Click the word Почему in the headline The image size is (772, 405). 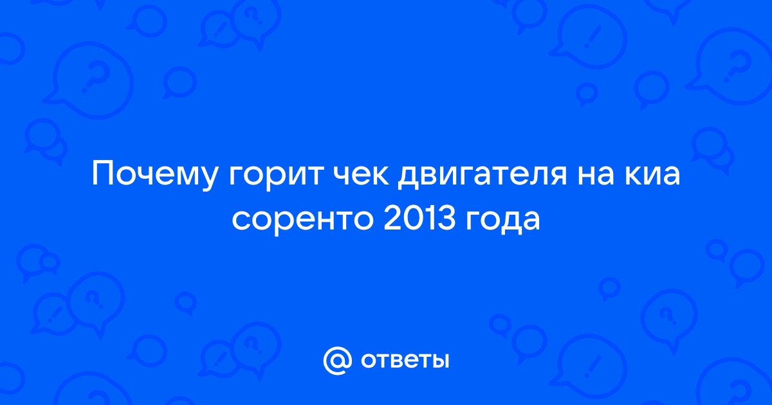154,175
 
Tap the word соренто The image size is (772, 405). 302,222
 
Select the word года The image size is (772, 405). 502,222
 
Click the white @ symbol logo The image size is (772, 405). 337,361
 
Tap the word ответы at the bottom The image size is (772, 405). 405,361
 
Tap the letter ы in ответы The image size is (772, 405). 440,361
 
